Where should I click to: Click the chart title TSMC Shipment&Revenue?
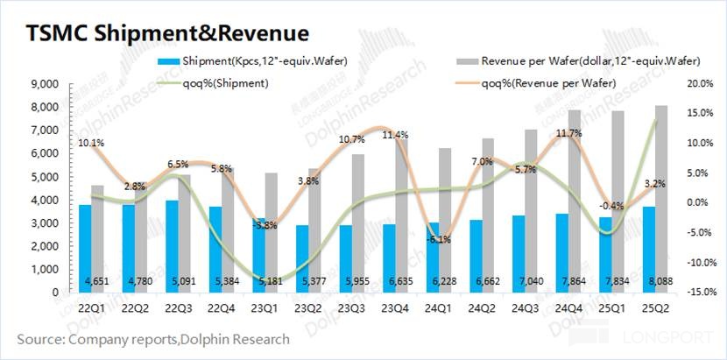coord(166,33)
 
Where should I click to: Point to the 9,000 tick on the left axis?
coord(44,84)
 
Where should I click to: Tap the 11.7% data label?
coord(569,134)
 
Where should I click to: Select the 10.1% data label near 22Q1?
coord(91,142)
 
